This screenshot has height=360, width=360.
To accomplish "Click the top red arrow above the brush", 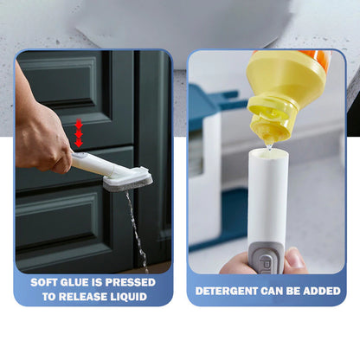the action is [79, 125].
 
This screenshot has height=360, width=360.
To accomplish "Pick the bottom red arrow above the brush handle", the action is [79, 143].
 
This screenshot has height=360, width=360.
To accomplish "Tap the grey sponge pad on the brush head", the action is [128, 184].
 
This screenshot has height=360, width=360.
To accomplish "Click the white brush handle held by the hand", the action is [93, 164].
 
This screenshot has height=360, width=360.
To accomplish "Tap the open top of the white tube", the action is [268, 154].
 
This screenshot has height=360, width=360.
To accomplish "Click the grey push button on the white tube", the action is [267, 257].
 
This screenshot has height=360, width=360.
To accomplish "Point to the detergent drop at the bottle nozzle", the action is [269, 146].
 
